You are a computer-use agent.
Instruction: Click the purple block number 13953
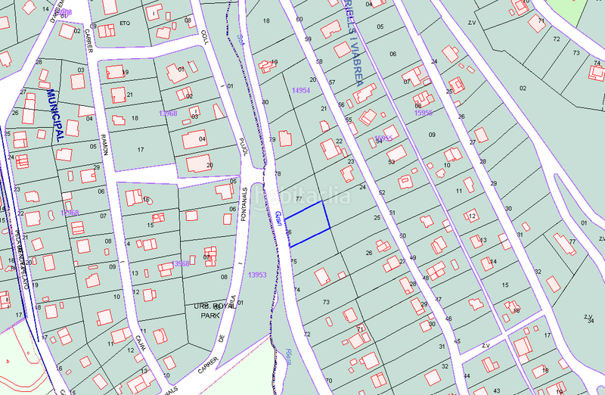pyautogui.click(x=258, y=275)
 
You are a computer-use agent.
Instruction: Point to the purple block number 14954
pyautogui.click(x=301, y=90)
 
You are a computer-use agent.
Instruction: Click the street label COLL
pyautogui.click(x=204, y=37)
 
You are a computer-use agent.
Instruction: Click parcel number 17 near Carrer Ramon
pyautogui.click(x=141, y=150)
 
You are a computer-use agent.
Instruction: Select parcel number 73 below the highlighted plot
pyautogui.click(x=326, y=302)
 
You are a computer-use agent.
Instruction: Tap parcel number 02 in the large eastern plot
pyautogui.click(x=522, y=88)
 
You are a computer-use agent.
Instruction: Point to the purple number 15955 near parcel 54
pyautogui.click(x=383, y=138)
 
